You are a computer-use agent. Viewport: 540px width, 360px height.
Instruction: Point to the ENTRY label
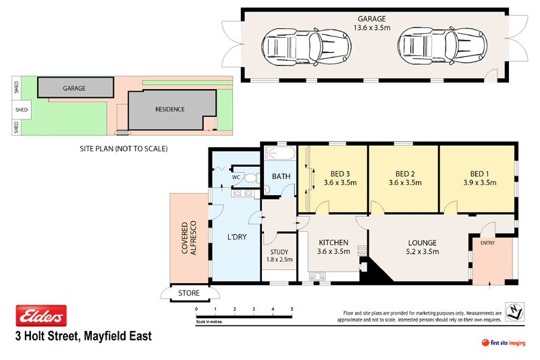tap(488, 242)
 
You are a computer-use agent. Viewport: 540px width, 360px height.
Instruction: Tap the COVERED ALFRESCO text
tap(190, 237)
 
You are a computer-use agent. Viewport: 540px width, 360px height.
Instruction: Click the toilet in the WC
tap(250, 178)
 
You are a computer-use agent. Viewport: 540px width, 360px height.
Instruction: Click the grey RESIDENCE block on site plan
tap(169, 109)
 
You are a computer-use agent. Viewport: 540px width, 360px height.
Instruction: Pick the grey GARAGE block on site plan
tap(74, 88)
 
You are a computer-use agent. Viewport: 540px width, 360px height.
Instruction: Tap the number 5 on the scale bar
tap(292, 309)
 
